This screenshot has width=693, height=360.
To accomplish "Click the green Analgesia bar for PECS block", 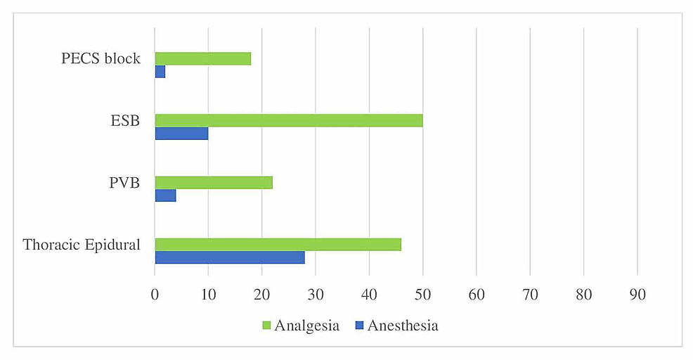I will pos(202,59).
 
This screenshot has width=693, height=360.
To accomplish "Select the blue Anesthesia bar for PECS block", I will pos(160,72).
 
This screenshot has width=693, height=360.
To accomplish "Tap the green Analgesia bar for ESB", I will pos(288,121).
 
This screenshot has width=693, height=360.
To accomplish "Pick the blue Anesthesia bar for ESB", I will pos(181,134).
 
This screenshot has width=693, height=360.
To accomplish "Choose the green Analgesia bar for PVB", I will pos(214,183).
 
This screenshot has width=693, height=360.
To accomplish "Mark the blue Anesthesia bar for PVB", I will pos(165,195).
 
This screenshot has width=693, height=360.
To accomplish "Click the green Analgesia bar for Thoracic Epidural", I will pos(278,245).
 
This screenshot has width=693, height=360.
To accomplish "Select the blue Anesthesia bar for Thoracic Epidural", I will pos(229,257).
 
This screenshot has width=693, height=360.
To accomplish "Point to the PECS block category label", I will pos(101,58).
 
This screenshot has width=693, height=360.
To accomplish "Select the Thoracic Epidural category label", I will pos(82,245).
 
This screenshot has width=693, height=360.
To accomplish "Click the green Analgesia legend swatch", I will pos(266,326).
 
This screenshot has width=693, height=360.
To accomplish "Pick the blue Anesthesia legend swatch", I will pos(358,326).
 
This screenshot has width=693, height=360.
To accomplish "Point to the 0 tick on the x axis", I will pos(155,296).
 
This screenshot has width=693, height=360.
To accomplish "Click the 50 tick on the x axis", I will pos(422,296).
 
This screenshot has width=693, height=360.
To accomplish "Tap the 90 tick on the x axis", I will pos(637,296).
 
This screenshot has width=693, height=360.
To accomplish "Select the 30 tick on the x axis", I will pos(316,296).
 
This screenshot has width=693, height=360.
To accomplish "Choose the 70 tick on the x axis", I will pos(530,296).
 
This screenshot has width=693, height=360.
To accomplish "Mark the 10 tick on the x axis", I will pos(208,296).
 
